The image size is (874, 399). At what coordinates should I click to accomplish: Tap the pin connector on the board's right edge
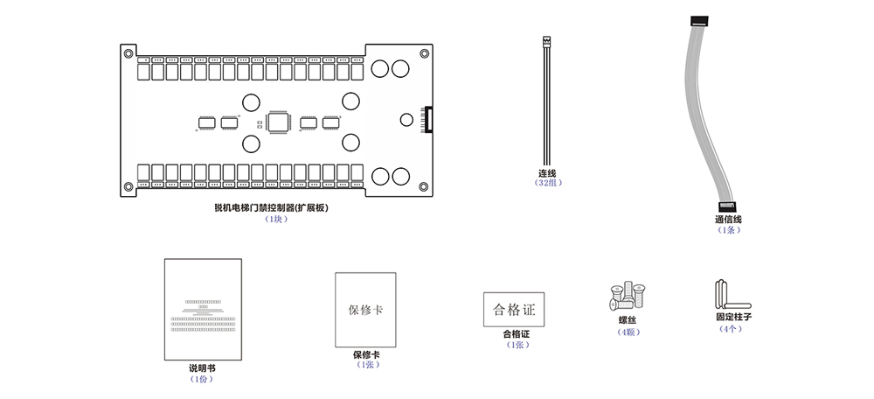point(427,119)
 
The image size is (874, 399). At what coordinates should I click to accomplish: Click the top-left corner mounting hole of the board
point(129,53)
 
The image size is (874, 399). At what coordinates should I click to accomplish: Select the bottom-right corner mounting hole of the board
point(424,185)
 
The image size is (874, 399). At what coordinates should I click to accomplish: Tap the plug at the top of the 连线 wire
point(547,40)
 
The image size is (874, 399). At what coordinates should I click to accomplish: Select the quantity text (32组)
point(548,183)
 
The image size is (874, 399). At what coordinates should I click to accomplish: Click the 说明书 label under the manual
point(202,367)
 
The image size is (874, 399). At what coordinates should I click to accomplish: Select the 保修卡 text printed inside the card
point(365,311)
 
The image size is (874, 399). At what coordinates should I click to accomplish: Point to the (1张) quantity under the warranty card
point(365,365)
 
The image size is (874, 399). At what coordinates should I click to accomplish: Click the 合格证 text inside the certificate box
point(514,310)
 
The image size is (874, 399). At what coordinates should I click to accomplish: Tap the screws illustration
point(628,297)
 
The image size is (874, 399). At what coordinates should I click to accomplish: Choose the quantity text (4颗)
point(628,332)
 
